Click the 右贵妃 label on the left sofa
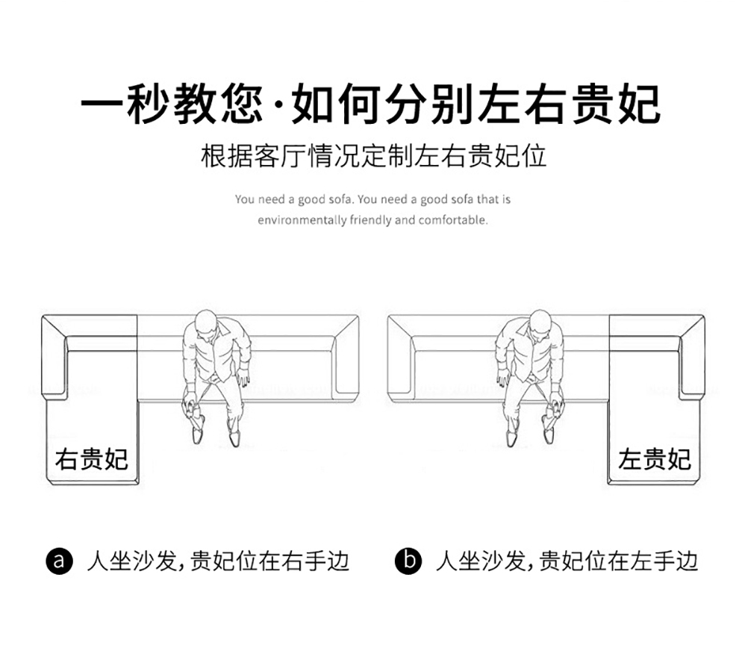91,459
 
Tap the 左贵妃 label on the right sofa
654,459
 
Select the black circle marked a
60,561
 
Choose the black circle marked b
408,561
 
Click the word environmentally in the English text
302,220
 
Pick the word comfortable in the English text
453,220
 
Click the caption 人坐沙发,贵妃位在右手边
217,561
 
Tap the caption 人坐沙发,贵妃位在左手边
567,561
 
